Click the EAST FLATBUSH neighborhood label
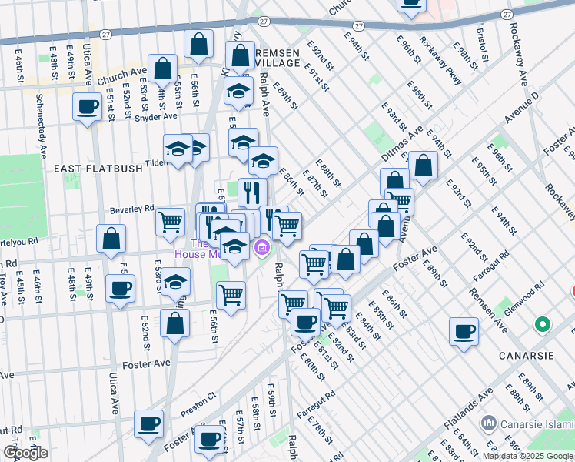click(87, 167)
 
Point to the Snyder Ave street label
click(155, 117)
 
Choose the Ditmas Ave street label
click(402, 144)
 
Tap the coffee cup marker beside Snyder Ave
click(88, 106)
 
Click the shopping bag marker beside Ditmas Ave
click(423, 165)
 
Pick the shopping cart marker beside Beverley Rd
click(170, 222)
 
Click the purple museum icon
click(262, 248)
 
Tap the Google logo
click(25, 454)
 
